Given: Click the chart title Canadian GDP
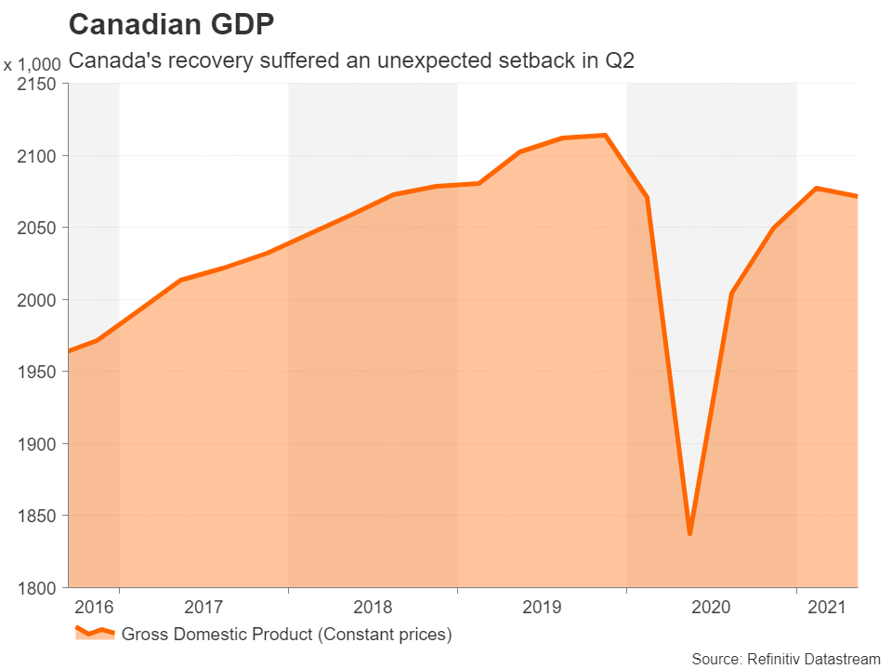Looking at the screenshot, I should point(171,25).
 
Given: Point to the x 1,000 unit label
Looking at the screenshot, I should point(33,65).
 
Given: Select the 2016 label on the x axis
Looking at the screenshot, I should point(93,608).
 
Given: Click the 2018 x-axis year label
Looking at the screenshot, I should point(373,608).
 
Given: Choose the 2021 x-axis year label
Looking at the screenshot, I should point(827,608).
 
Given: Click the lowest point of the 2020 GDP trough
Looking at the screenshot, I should point(689,533).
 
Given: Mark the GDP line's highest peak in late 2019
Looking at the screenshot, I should point(605,136).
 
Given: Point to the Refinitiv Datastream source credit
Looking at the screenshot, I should point(786,658).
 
